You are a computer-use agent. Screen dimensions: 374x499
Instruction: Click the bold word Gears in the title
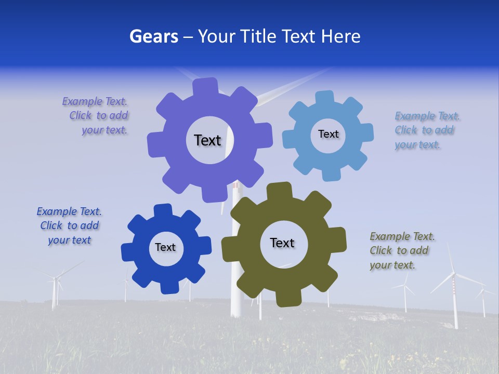point(153,36)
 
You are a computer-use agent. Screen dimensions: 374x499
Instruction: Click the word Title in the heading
point(259,36)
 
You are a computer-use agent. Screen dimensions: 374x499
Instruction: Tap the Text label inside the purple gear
point(207,140)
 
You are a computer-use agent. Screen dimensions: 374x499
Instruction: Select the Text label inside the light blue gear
point(328,134)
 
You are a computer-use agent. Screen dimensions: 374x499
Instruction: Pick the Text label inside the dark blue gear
point(165,247)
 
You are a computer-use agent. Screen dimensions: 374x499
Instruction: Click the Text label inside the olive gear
point(282,243)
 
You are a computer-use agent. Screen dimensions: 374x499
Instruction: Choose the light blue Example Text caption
point(426,130)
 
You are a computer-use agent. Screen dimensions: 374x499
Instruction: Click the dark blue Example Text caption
point(69,225)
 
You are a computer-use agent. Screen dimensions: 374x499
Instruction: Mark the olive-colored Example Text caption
point(402,251)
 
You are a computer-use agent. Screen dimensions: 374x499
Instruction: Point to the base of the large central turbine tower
point(236,312)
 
